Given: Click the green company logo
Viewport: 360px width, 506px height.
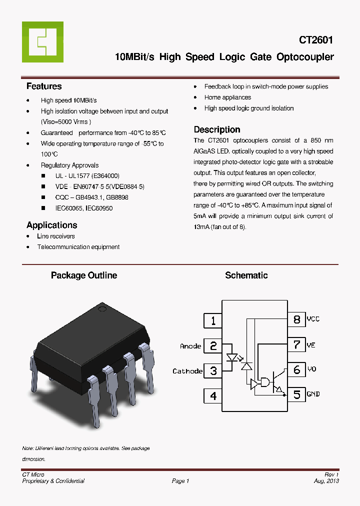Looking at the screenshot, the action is click(x=42, y=42).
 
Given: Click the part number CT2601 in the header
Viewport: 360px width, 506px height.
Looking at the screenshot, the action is click(x=316, y=40).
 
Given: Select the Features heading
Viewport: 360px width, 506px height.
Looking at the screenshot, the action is click(x=44, y=86).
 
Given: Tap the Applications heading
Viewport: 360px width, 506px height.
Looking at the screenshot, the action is click(x=51, y=225).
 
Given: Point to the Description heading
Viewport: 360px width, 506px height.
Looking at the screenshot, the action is click(x=216, y=129).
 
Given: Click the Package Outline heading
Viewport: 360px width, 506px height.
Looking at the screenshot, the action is click(x=84, y=275).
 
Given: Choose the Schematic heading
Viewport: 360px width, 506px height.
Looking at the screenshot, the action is click(x=246, y=275).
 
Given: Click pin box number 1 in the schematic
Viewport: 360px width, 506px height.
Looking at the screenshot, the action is click(x=213, y=320).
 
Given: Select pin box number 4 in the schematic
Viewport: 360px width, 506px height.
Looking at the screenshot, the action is click(x=213, y=395).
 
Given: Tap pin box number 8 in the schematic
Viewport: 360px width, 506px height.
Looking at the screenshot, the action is click(x=297, y=319).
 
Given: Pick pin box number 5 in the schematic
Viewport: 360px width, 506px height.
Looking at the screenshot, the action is click(x=297, y=394).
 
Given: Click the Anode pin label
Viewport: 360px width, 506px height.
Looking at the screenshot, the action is click(x=190, y=346).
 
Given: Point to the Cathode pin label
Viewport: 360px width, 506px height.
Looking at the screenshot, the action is click(x=187, y=371).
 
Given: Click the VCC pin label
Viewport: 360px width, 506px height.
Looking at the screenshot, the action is click(x=313, y=319).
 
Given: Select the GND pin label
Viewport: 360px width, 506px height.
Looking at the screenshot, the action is click(x=313, y=394).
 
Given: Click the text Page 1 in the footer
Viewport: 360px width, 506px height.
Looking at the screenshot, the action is click(x=180, y=481).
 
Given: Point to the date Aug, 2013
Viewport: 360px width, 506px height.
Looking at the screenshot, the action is click(x=326, y=481).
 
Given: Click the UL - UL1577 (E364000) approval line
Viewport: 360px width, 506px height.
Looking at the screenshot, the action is click(x=87, y=176).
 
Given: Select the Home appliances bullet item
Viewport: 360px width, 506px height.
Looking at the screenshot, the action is click(x=227, y=97).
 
